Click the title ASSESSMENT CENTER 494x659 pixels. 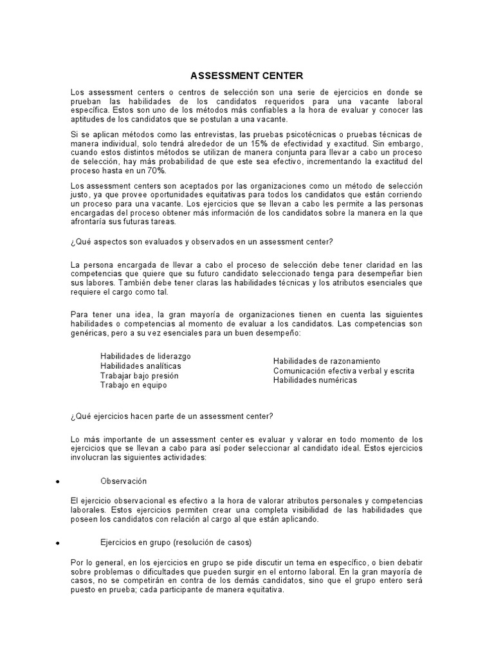[x=246, y=76]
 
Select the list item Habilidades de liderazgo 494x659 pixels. [x=145, y=356]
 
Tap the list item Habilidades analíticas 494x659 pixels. [x=140, y=366]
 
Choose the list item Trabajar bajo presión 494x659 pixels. [x=140, y=375]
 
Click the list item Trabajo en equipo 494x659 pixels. [x=133, y=385]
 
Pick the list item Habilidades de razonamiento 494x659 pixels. [x=327, y=361]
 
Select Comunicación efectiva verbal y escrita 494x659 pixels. [x=343, y=371]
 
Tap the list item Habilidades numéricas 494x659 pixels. [x=315, y=380]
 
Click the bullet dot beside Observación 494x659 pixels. [x=58, y=482]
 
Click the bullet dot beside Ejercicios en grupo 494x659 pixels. [x=58, y=544]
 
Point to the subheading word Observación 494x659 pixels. [x=124, y=481]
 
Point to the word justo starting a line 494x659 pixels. [x=78, y=194]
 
